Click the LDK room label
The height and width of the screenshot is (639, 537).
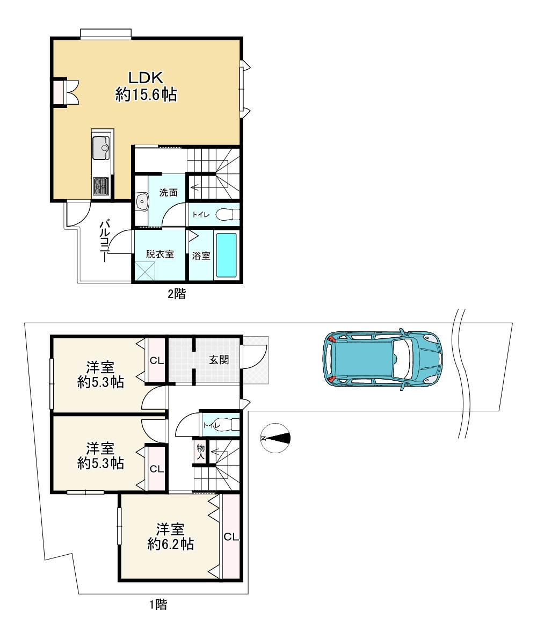pos(146,77)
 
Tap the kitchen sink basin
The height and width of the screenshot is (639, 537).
pos(100,148)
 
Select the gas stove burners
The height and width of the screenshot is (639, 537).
pos(100,186)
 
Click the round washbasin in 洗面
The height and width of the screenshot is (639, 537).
pos(142,201)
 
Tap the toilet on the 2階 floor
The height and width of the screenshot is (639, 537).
pos(227,214)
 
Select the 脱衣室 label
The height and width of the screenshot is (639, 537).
pos(159,255)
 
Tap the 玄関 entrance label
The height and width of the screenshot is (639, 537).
pos(219,360)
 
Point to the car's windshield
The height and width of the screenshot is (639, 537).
pos(401,359)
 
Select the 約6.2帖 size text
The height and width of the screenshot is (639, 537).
pos(170,544)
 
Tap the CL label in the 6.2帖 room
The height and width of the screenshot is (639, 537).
pos(231,537)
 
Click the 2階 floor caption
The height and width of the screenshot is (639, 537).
pos(177,293)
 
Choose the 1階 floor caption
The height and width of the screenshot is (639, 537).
pos(158,604)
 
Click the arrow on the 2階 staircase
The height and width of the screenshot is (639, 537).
pos(200,188)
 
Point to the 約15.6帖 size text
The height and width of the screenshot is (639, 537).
pos(146,95)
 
